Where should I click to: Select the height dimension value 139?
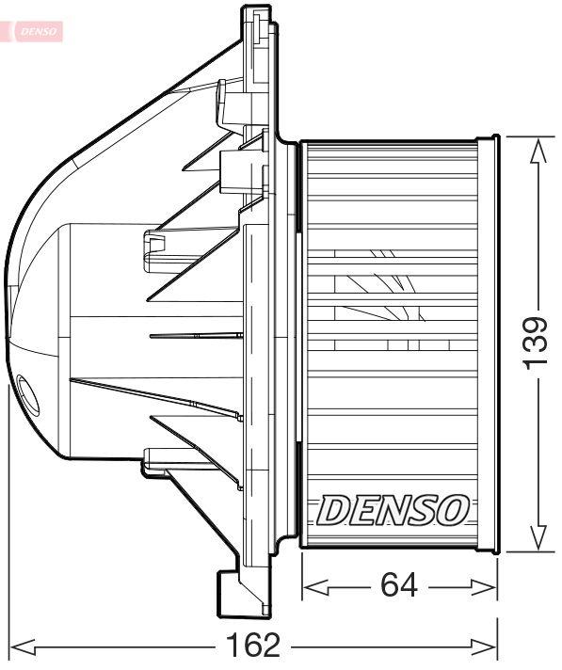(x=535, y=343)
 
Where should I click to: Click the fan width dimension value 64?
(x=399, y=585)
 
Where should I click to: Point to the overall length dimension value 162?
(x=254, y=646)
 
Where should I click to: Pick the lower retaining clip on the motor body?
(x=152, y=460)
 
